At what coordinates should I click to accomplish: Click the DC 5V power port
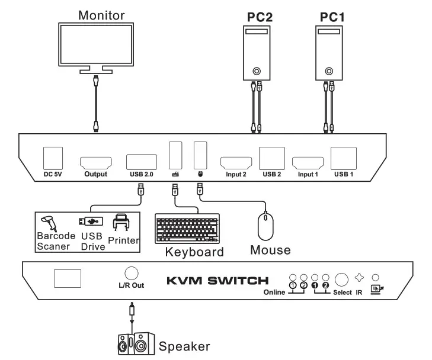pos(53,157)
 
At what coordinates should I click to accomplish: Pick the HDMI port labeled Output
pos(95,162)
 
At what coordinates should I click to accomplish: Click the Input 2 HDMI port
pos(235,162)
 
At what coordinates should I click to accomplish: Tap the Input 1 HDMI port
pos(306,162)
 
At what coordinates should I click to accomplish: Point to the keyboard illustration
pos(187,229)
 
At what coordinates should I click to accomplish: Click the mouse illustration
pos(265,226)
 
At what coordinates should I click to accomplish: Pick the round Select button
pos(342,279)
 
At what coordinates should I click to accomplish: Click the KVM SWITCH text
pos(217,280)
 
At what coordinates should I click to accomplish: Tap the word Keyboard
pos(194,252)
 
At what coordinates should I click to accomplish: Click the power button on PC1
pos(328,69)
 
